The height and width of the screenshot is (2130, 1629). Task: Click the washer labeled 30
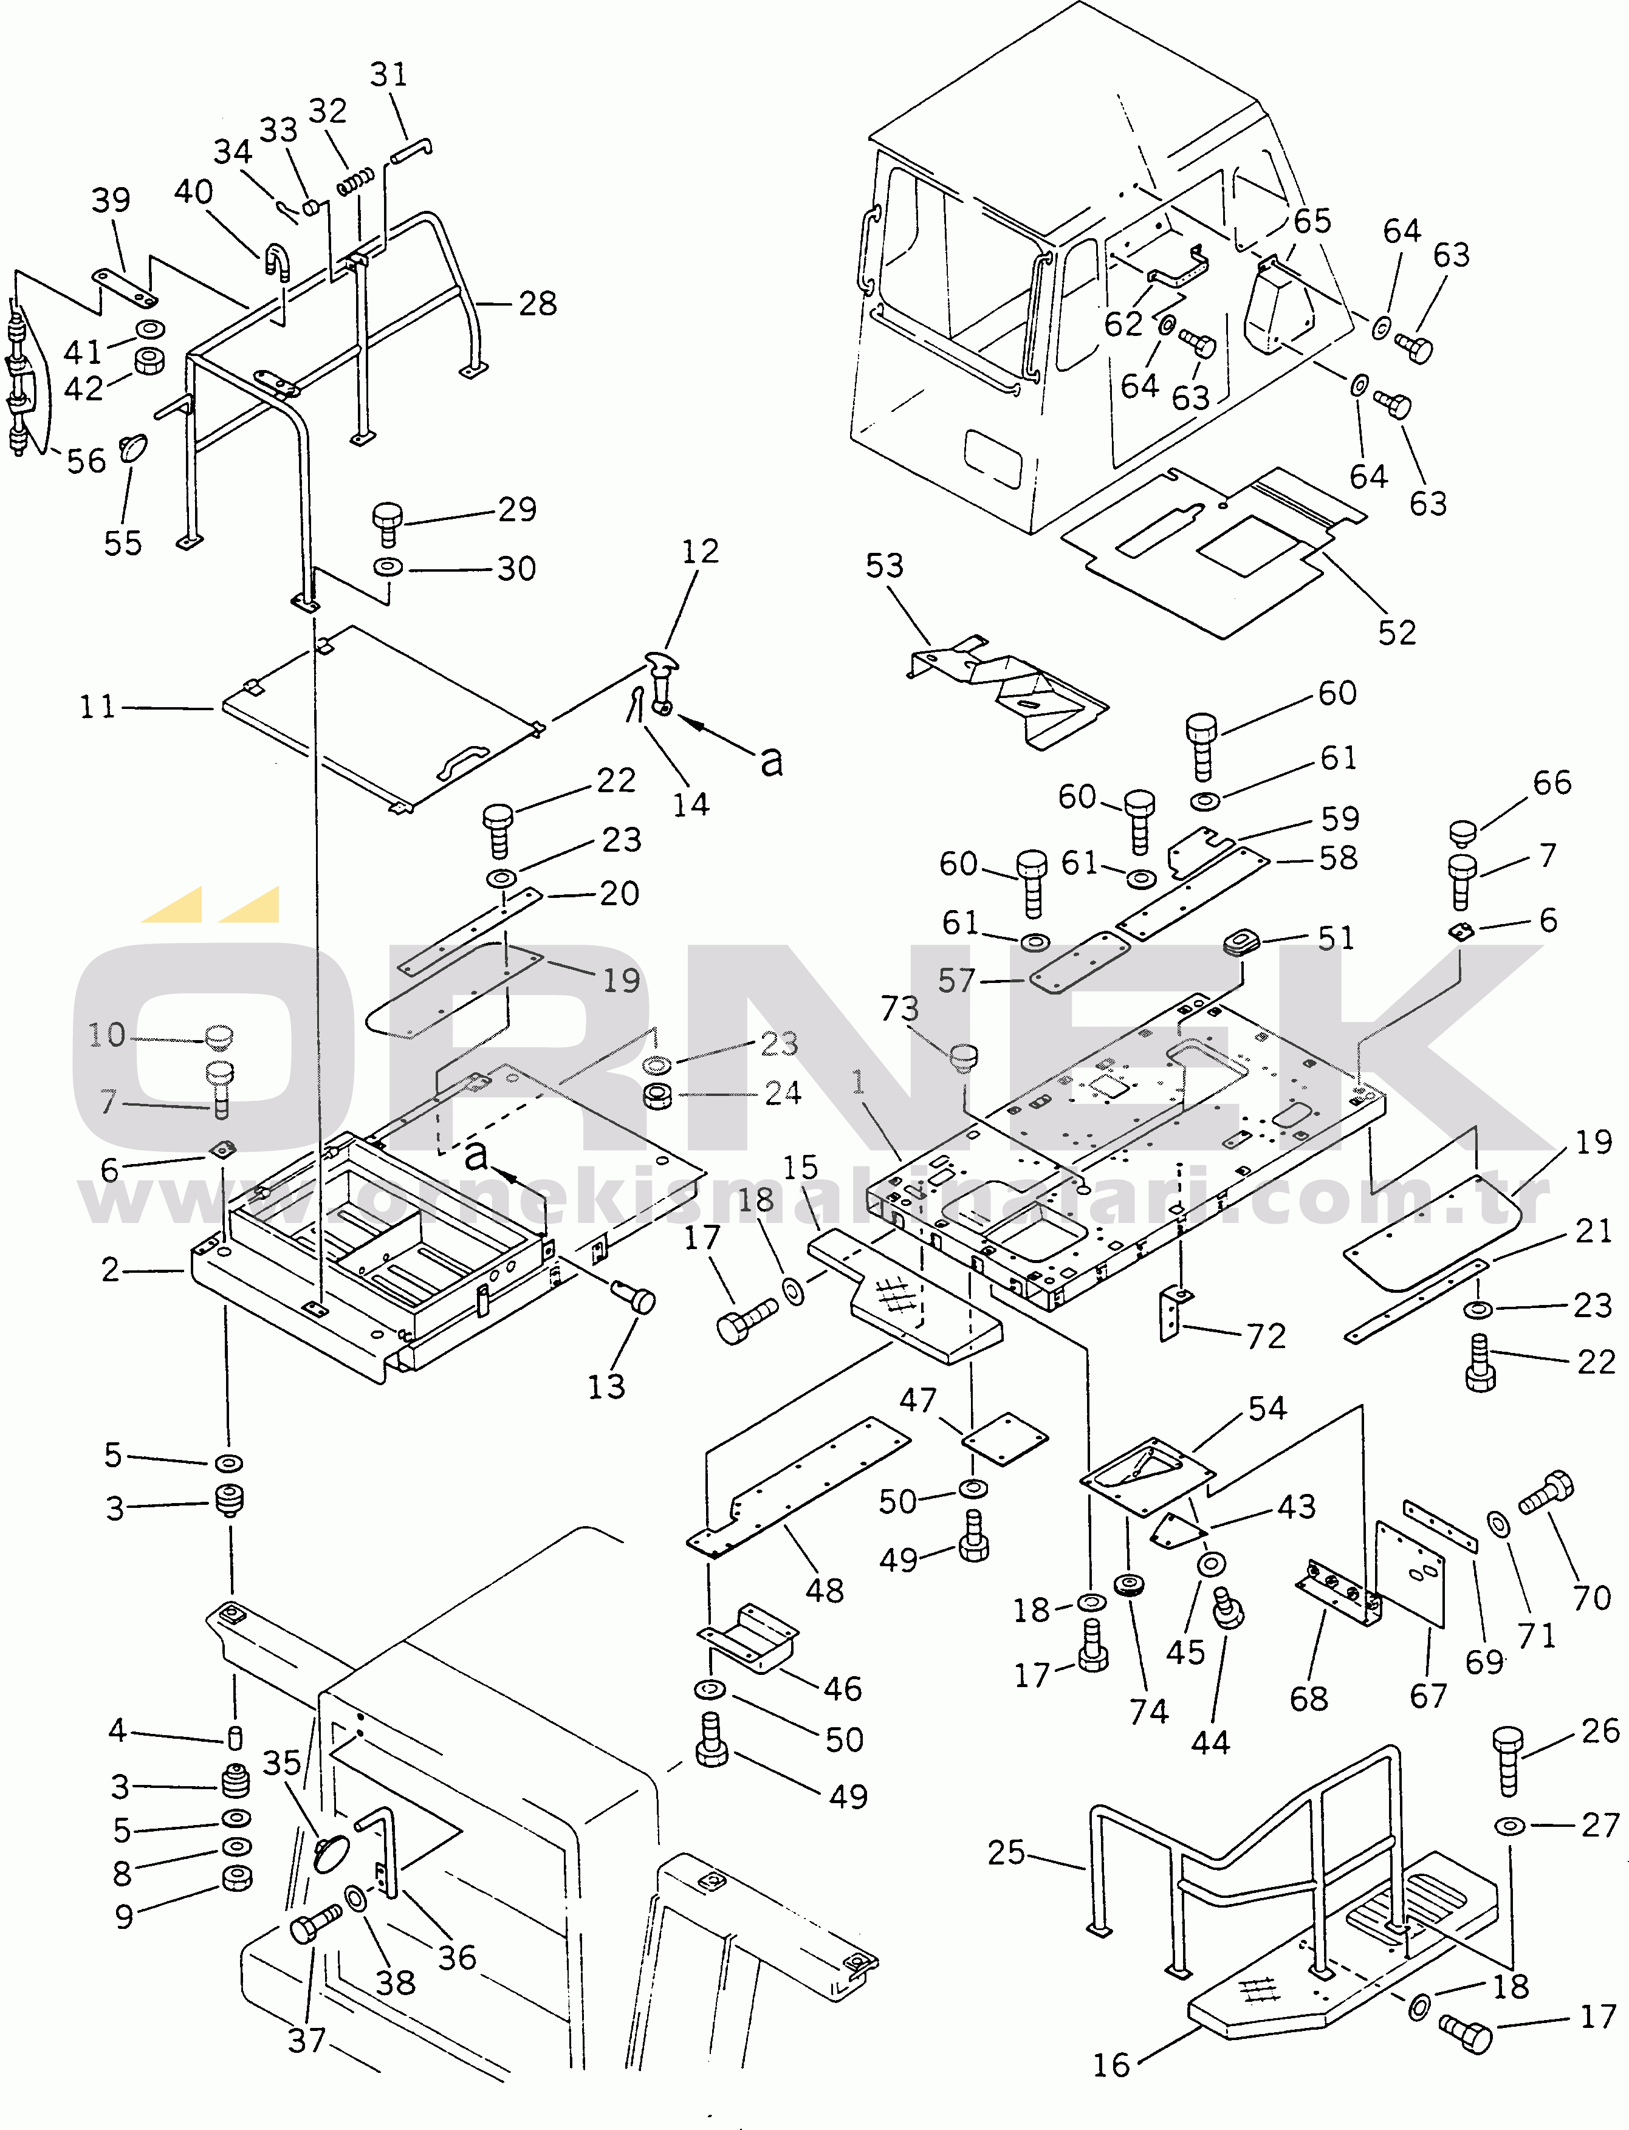(x=388, y=567)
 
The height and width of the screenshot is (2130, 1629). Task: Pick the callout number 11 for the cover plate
(x=97, y=707)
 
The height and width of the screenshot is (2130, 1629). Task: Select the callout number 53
(x=883, y=565)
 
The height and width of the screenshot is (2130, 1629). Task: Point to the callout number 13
(x=606, y=1386)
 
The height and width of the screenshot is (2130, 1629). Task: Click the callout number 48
(x=824, y=1590)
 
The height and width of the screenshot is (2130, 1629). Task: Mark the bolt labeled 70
(x=1546, y=1494)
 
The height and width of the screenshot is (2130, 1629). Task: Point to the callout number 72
(x=1266, y=1336)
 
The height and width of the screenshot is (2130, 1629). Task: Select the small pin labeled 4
(x=235, y=1738)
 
